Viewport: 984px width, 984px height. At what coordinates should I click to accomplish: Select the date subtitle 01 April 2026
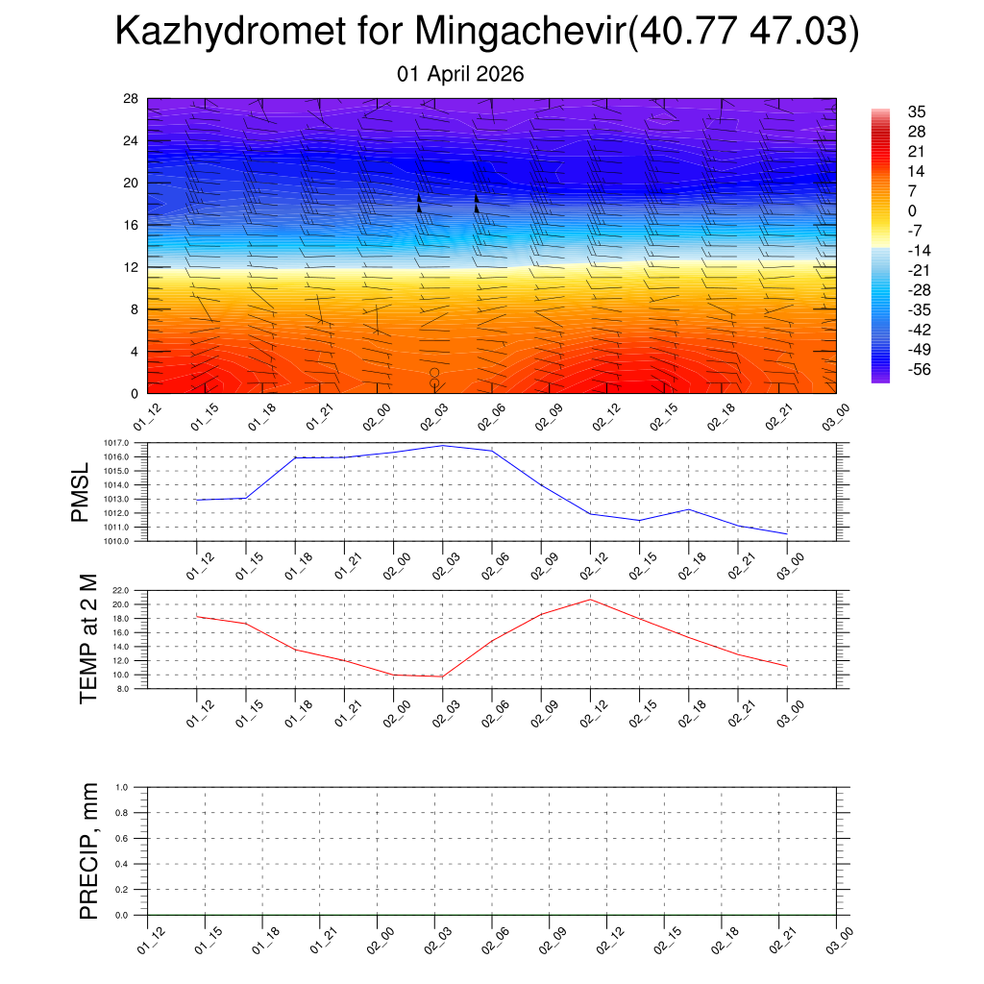click(x=460, y=74)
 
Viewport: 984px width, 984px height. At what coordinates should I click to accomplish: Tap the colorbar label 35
click(x=917, y=112)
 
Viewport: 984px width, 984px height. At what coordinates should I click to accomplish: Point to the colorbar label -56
click(x=919, y=369)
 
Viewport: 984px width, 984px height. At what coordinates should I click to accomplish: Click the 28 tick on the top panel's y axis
click(x=131, y=99)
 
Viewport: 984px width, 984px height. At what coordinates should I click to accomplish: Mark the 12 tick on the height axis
click(x=131, y=267)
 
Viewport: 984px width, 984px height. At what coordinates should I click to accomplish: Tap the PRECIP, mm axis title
click(x=89, y=850)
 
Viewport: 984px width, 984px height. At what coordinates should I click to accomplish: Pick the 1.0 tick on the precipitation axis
click(x=122, y=787)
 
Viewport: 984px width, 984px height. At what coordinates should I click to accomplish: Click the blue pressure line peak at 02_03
click(x=443, y=445)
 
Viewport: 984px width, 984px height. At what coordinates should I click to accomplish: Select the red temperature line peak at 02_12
click(x=590, y=599)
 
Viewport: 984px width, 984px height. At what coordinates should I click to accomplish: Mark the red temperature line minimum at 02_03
click(x=442, y=676)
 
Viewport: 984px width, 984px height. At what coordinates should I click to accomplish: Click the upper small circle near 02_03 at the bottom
click(x=434, y=373)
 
